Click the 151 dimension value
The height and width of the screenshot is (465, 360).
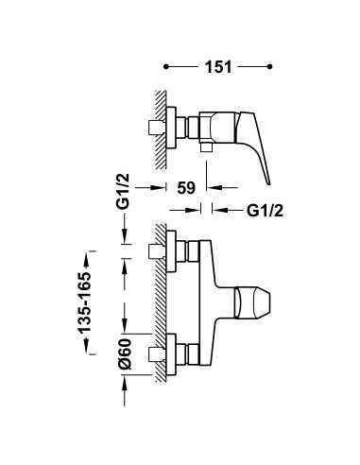tap(218, 67)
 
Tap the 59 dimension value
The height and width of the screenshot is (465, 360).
tap(186, 188)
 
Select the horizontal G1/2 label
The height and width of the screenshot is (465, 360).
tap(265, 211)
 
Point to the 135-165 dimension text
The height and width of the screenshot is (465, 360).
tap(85, 302)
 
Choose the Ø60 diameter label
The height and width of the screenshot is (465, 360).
tap(125, 353)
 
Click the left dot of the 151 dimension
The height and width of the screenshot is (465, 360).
tap(166, 66)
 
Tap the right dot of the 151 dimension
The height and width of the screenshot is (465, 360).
tap(269, 66)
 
